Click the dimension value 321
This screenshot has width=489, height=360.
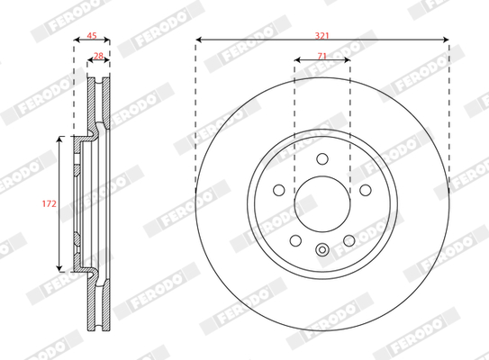[x=321, y=36]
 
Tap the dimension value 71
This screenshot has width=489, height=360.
[x=321, y=56]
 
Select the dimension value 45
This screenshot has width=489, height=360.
[x=92, y=36]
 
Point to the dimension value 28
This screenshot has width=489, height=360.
[x=98, y=56]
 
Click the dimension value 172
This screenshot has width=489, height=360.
[x=50, y=203]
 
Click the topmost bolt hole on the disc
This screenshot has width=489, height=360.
[x=322, y=158]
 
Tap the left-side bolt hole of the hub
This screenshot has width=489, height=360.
[x=279, y=190]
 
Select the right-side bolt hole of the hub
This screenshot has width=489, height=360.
[x=366, y=190]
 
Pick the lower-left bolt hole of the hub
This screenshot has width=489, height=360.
[x=295, y=240]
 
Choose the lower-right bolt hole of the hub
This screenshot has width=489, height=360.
[x=349, y=240]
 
